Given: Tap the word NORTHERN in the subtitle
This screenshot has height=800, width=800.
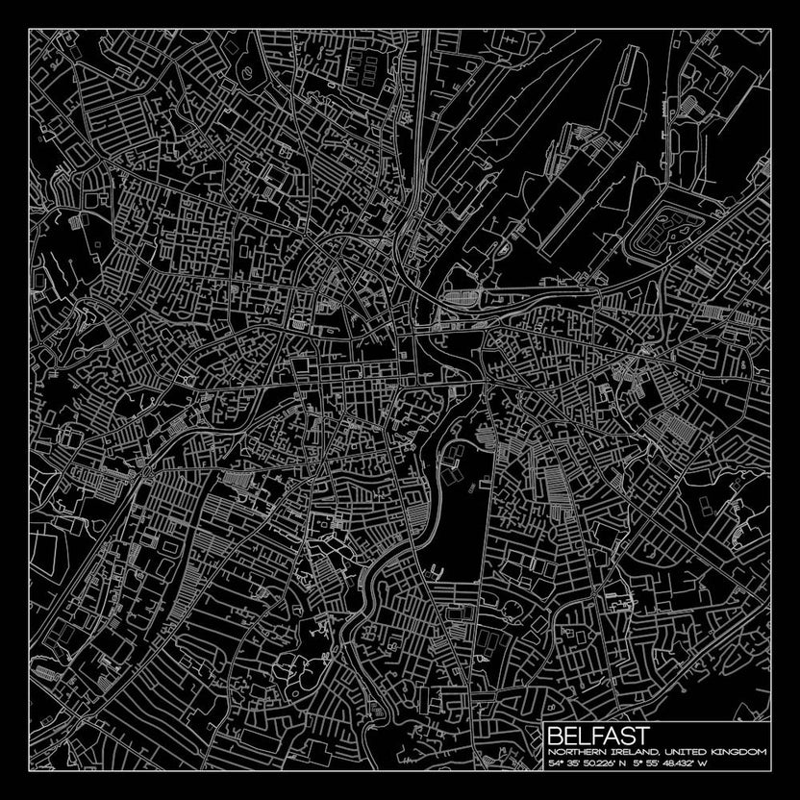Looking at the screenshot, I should (x=573, y=751).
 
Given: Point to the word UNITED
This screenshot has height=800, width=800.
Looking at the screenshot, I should (x=682, y=751).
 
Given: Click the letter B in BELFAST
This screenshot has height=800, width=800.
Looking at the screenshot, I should (x=553, y=735).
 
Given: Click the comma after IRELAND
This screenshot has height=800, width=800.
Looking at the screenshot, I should (x=655, y=753).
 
